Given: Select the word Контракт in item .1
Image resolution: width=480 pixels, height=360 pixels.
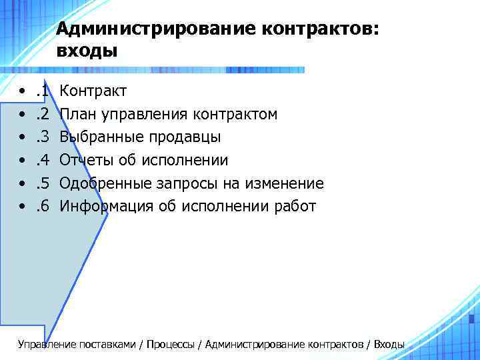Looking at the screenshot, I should pyautogui.click(x=93, y=91).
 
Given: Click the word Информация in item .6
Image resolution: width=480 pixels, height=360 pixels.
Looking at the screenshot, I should pyautogui.click(x=107, y=207).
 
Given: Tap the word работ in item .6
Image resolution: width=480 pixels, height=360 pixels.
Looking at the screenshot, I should pyautogui.click(x=295, y=207).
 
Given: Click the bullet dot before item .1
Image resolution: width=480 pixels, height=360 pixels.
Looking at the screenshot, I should pyautogui.click(x=23, y=91).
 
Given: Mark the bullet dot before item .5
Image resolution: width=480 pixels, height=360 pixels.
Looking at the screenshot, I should pyautogui.click(x=23, y=183).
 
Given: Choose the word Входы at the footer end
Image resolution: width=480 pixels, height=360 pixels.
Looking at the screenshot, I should pyautogui.click(x=389, y=345).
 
